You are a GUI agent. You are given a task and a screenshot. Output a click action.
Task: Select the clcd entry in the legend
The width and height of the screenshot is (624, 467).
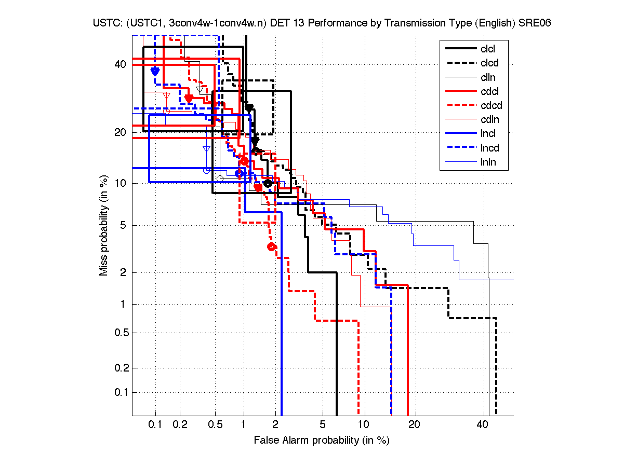coord(488,63)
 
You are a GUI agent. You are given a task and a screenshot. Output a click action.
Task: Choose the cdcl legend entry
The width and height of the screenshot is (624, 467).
coord(488,92)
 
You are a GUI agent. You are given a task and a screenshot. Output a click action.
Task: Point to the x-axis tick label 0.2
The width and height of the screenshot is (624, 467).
coord(180,425)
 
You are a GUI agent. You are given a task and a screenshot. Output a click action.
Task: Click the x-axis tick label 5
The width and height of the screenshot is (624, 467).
coord(322,425)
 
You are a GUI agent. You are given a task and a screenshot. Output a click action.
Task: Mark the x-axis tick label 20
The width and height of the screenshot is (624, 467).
coord(414,425)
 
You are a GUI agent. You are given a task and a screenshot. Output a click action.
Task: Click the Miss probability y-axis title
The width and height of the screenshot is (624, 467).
coord(104,226)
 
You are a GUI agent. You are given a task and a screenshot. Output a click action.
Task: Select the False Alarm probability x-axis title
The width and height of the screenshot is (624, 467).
coord(322,441)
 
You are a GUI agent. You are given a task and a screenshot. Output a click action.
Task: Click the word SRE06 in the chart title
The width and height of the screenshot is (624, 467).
coord(535,23)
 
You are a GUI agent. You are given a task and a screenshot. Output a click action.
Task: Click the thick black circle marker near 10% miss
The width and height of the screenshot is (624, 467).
coord(268,183)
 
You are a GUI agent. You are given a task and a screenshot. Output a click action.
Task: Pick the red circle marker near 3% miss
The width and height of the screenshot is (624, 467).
coord(271,247)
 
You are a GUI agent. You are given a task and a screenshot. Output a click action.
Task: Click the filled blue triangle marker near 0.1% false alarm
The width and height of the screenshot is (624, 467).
coord(155,72)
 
